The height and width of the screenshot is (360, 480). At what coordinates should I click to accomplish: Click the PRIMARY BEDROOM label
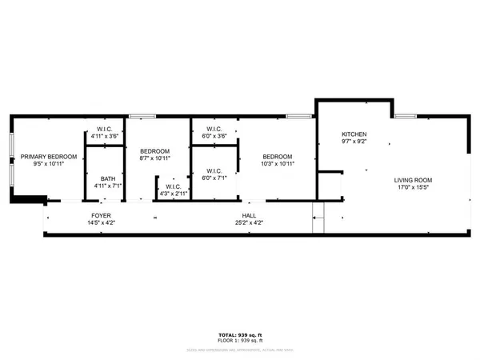click(49, 157)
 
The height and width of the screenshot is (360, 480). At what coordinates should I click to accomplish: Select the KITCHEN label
click(354, 134)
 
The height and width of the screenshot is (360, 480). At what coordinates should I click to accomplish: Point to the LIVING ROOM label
click(414, 180)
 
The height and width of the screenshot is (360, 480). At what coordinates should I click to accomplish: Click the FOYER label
click(101, 216)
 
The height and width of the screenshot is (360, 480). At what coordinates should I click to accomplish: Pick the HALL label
click(250, 216)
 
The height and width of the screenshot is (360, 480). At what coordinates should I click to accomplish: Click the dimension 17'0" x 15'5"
click(414, 189)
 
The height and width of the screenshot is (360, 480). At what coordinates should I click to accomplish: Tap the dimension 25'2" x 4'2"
click(250, 224)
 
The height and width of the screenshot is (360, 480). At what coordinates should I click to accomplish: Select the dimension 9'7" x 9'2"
click(354, 142)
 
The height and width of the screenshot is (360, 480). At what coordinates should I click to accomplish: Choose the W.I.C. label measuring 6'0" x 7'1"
click(214, 170)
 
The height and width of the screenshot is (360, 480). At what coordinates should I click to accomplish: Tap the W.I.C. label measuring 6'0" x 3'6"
click(214, 129)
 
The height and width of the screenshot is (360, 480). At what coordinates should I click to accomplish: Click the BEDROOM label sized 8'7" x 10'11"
click(154, 151)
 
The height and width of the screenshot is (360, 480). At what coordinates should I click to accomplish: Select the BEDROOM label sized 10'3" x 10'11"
click(277, 157)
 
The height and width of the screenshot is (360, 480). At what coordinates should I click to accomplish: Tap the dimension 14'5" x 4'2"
click(101, 224)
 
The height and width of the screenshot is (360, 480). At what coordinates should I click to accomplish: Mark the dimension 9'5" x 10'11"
click(49, 165)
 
